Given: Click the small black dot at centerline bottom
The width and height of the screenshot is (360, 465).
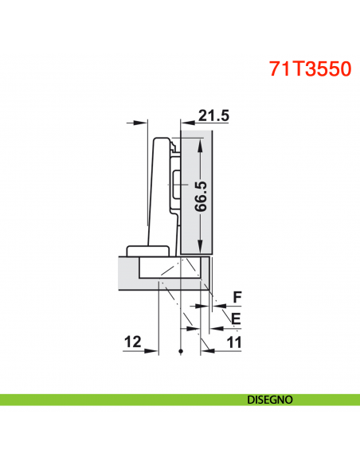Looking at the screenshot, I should coord(182,351).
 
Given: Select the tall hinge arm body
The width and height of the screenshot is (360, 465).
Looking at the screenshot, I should coord(159,191).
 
